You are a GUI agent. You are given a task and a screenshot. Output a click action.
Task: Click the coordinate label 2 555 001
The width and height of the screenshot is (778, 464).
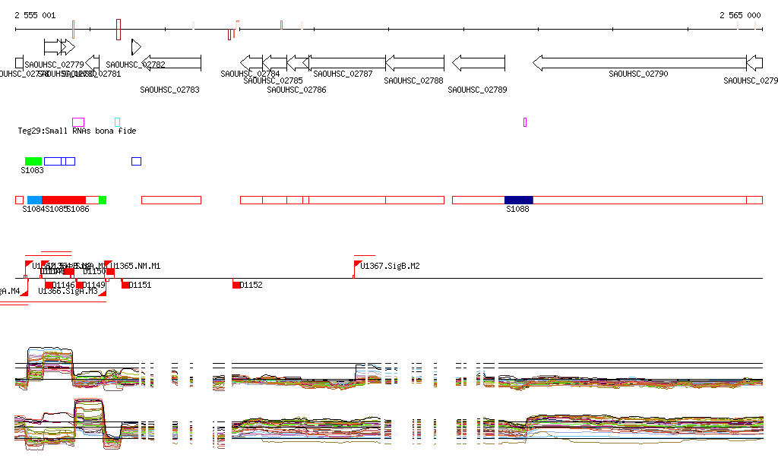(x=35, y=15)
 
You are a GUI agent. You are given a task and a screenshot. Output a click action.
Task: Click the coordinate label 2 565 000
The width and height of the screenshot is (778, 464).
(x=740, y=15)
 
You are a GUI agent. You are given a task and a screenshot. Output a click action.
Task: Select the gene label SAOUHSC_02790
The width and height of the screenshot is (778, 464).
(x=638, y=74)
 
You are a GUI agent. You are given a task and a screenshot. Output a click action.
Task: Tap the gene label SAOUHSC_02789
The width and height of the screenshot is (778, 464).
(x=477, y=90)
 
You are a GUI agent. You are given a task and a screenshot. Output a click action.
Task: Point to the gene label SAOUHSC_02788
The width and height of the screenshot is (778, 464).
(x=413, y=80)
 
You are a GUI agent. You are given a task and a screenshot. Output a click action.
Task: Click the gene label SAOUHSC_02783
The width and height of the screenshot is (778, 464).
(x=169, y=90)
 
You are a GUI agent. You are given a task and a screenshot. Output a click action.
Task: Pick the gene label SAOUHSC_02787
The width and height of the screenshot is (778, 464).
(x=343, y=74)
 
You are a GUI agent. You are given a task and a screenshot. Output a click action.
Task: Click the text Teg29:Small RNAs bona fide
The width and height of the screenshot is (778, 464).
(x=77, y=131)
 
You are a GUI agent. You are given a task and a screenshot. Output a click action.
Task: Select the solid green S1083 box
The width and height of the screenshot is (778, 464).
(x=33, y=161)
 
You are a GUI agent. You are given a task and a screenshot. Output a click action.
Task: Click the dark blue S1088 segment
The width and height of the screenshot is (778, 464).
(x=518, y=200)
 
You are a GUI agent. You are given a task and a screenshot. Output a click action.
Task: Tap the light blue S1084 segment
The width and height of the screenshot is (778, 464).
(x=34, y=200)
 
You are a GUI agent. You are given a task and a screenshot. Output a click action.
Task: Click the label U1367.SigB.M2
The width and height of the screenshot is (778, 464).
(x=390, y=267)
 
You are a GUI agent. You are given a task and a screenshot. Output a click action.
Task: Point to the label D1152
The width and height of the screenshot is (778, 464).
(x=251, y=286)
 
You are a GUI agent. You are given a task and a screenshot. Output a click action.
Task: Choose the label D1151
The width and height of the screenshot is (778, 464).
(x=140, y=286)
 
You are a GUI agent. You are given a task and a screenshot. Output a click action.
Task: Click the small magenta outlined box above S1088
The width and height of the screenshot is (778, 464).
(x=525, y=122)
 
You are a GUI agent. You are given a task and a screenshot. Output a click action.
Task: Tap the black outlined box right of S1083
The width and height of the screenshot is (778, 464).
(x=136, y=161)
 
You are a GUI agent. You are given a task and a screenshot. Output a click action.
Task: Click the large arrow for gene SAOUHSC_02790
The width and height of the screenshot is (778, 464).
(x=639, y=62)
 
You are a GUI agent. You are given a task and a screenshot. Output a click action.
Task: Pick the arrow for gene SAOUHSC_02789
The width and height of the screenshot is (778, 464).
(x=478, y=62)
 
